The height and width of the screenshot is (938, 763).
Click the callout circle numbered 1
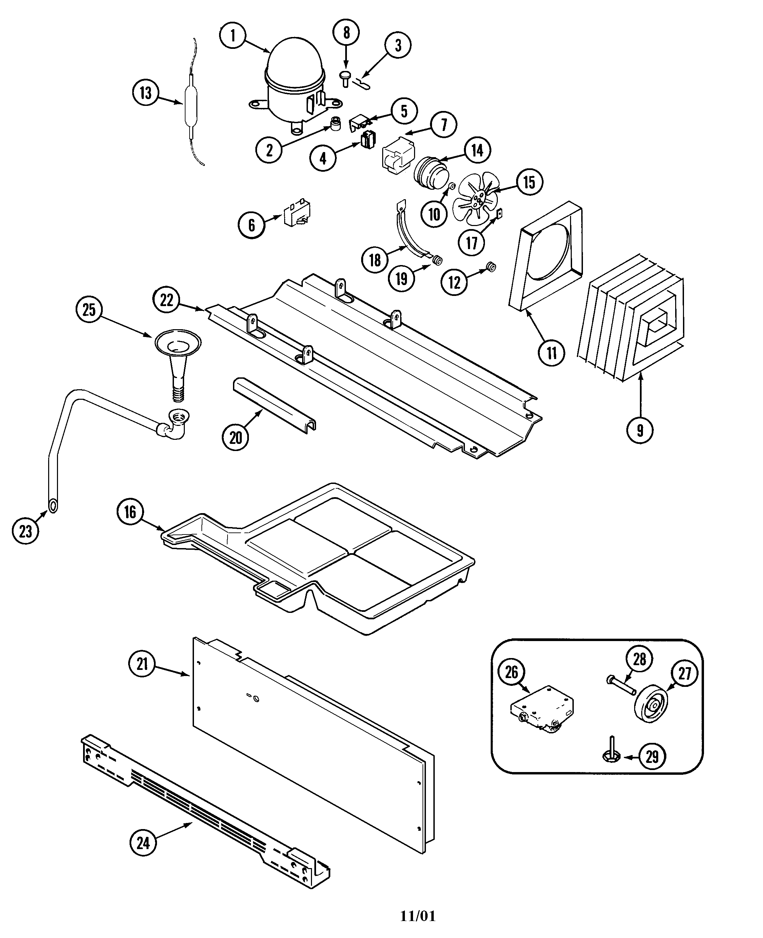(233, 35)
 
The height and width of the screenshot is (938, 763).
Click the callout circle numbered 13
(145, 93)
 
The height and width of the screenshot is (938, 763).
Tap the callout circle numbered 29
(652, 756)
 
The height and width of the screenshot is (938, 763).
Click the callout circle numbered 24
(143, 843)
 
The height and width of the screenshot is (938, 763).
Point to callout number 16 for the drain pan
(130, 512)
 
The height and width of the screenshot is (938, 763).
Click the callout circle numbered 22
(167, 300)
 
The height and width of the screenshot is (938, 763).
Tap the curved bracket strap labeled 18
(408, 233)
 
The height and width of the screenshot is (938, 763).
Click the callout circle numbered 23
(25, 531)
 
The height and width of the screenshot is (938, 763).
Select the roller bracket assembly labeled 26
(542, 709)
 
